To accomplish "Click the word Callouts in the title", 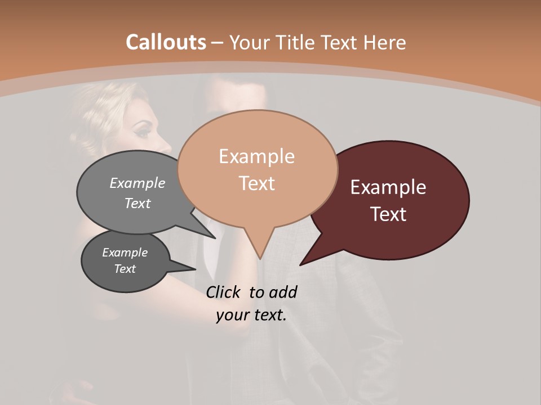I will click(166, 42).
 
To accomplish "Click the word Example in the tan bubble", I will click(256, 156).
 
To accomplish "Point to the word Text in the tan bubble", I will click(256, 183).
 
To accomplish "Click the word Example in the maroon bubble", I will click(388, 187).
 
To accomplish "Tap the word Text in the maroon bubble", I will click(388, 214).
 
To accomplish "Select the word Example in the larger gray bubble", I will click(138, 183).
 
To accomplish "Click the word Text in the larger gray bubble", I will click(138, 203).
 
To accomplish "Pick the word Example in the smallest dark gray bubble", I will click(125, 253).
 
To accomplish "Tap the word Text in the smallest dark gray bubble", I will click(125, 269).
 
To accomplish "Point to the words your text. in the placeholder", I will click(251, 315).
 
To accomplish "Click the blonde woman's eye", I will click(143, 133).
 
